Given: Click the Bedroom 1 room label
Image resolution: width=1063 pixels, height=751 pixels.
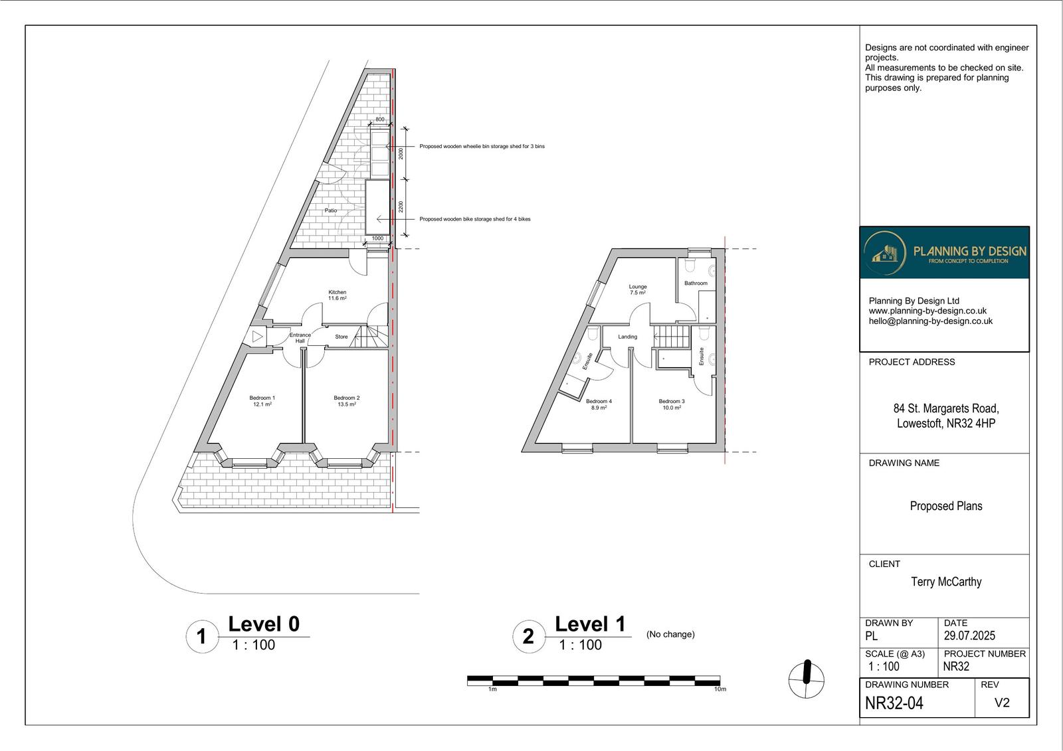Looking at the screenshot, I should pyautogui.click(x=262, y=400).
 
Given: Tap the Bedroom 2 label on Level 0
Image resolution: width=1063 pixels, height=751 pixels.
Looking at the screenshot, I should pyautogui.click(x=346, y=400).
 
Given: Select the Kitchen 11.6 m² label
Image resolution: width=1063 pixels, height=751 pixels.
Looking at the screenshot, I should pyautogui.click(x=337, y=295).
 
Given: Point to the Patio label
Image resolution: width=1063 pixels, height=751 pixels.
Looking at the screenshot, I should pyautogui.click(x=330, y=210).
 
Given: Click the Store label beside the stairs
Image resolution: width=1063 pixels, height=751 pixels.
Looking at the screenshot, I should pyautogui.click(x=341, y=337).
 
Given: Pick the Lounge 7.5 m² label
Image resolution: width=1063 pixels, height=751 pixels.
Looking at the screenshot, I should pyautogui.click(x=637, y=290).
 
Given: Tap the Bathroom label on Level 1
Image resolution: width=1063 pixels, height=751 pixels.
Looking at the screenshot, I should pyautogui.click(x=696, y=283).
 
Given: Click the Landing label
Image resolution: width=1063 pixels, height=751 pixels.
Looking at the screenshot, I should pyautogui.click(x=627, y=337).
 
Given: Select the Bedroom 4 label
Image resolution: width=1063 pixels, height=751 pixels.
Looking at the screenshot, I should pyautogui.click(x=599, y=404).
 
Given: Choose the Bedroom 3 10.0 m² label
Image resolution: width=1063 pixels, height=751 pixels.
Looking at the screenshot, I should pyautogui.click(x=671, y=404).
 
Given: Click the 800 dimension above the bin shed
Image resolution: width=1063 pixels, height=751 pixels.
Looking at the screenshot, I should pyautogui.click(x=379, y=120).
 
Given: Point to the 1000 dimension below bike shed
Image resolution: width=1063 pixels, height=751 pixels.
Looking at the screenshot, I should pyautogui.click(x=377, y=238).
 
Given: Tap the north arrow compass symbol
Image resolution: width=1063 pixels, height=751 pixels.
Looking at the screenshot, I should pyautogui.click(x=806, y=679).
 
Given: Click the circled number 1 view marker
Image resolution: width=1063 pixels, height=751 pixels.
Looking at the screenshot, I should pyautogui.click(x=201, y=637).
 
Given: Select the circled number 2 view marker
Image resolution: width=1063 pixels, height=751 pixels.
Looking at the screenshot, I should pyautogui.click(x=528, y=636).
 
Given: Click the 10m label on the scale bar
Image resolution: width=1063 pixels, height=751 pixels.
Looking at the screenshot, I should pyautogui.click(x=720, y=689).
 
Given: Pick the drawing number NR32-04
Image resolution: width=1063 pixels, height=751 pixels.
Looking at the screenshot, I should pyautogui.click(x=894, y=703).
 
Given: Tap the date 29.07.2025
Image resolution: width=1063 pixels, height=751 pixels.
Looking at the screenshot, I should pyautogui.click(x=969, y=635).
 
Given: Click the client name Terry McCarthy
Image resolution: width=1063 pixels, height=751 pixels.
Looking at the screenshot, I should pyautogui.click(x=945, y=582).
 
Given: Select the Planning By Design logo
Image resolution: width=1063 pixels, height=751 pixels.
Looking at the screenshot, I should pyautogui.click(x=944, y=252).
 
